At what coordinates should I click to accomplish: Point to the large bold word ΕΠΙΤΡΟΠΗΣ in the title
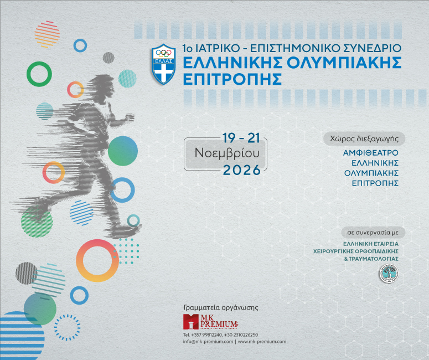[x=233, y=79]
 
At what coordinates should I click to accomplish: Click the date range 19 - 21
[x=241, y=137]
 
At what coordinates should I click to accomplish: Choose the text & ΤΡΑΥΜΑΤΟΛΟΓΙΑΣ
[x=371, y=259]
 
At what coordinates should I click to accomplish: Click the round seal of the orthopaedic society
[x=387, y=273]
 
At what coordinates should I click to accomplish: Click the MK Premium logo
[x=210, y=322]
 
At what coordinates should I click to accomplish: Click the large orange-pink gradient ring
[x=97, y=260]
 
